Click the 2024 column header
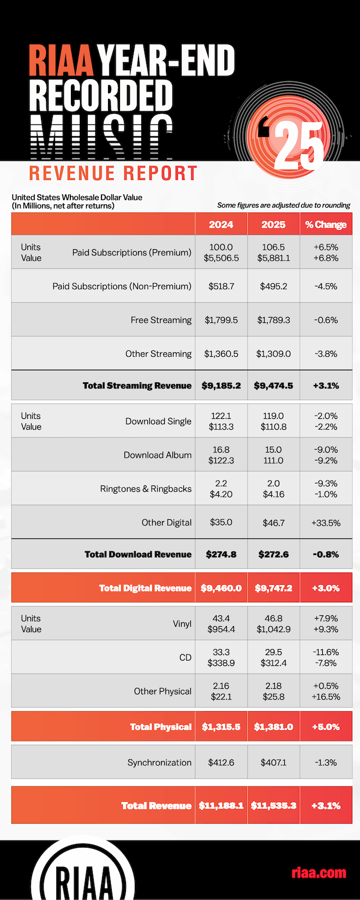(221, 225)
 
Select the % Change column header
(326, 225)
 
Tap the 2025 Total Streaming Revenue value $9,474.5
(273, 386)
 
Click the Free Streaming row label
(161, 320)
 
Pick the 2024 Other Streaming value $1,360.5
(221, 354)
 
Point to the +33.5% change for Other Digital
(326, 523)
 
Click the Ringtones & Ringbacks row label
(146, 489)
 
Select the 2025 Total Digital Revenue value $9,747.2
(273, 588)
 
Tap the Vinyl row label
(182, 623)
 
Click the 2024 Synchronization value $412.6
(221, 763)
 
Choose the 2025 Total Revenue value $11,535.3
(273, 806)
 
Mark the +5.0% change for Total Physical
(326, 727)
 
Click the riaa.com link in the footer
(319, 873)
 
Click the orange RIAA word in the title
(61, 61)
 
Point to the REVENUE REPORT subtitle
(113, 173)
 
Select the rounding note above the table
(284, 206)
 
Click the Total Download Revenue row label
(138, 554)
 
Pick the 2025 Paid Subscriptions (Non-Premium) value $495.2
(273, 286)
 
